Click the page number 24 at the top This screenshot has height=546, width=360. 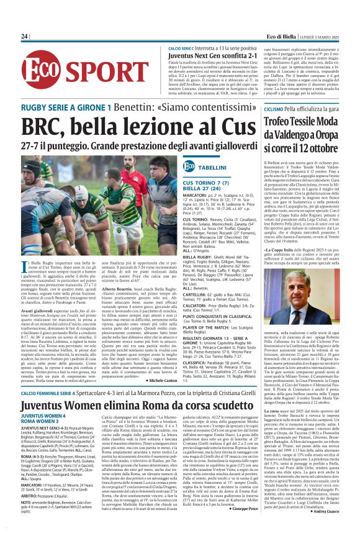pyautogui.click(x=24, y=37)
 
